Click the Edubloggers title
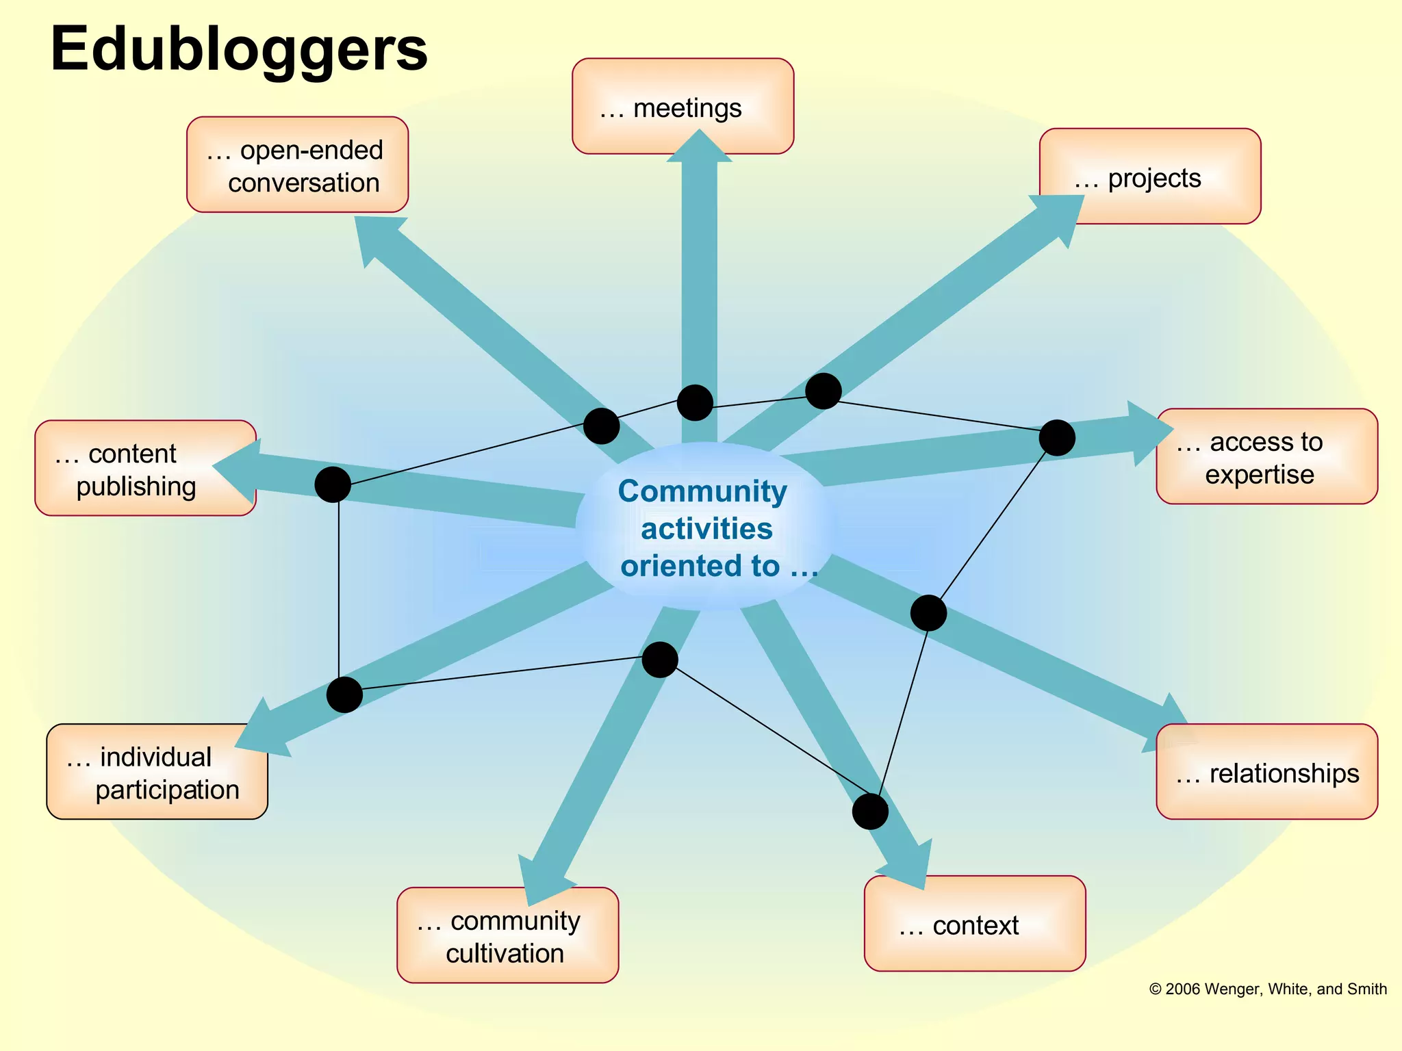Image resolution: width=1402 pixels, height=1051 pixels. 239,49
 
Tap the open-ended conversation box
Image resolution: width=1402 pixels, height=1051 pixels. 297,165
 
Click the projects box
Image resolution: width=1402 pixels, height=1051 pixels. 1150,176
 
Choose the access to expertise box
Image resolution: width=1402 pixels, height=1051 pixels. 1266,457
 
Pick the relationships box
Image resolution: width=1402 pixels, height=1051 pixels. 1266,772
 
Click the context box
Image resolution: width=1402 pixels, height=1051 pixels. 974,924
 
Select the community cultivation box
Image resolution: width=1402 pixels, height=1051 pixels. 507,935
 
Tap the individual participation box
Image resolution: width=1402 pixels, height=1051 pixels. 157,772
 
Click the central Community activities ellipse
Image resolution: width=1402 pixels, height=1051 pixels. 705,527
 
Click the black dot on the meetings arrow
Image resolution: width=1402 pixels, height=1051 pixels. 695,402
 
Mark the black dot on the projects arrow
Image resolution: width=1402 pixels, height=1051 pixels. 823,391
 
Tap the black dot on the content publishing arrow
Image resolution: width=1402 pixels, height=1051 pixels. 333,484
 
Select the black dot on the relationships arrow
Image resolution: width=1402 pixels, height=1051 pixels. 928,612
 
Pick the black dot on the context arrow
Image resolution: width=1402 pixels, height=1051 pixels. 870,812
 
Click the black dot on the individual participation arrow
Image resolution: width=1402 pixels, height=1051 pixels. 344,695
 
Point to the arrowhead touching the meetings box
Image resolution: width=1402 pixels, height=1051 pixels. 699,147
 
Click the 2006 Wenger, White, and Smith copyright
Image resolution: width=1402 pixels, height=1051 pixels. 1268,989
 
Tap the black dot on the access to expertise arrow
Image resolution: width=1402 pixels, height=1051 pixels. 1056,438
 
